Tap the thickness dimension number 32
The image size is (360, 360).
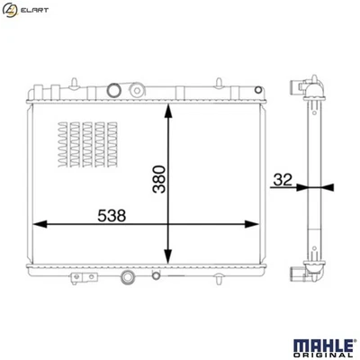click(x=281, y=179)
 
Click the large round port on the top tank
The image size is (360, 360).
click(x=114, y=89)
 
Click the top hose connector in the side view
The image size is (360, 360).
click(x=300, y=87)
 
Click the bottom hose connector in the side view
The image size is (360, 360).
click(x=300, y=274)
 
